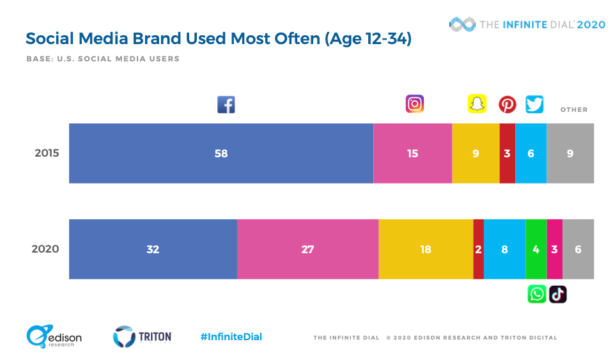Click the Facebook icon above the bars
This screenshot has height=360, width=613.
coord(226,104)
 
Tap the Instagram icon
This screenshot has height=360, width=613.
coord(415,104)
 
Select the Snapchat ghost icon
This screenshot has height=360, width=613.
coord(477,104)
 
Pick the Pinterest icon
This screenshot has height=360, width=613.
coord(508,104)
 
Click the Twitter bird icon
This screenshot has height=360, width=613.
coord(534,104)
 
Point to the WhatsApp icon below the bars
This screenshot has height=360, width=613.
coord(537,294)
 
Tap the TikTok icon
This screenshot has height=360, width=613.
coord(558,294)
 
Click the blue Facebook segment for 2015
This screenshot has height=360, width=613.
coord(221,153)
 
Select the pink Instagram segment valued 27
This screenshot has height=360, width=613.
coord(307,249)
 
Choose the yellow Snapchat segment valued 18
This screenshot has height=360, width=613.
coord(426,249)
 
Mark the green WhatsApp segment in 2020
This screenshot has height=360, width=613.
coord(536,249)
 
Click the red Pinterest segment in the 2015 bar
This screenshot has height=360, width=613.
coord(507,153)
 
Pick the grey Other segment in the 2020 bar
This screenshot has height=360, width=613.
coord(578,249)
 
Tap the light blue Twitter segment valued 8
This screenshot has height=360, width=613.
coord(504,249)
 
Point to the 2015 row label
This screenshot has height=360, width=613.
coord(47,153)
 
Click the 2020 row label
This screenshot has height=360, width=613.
coord(45,249)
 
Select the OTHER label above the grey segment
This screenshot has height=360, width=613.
coord(573,110)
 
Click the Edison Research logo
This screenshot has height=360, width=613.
coord(54,337)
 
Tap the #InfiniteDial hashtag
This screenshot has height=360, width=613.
coord(231,337)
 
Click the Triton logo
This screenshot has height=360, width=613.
coord(143,337)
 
